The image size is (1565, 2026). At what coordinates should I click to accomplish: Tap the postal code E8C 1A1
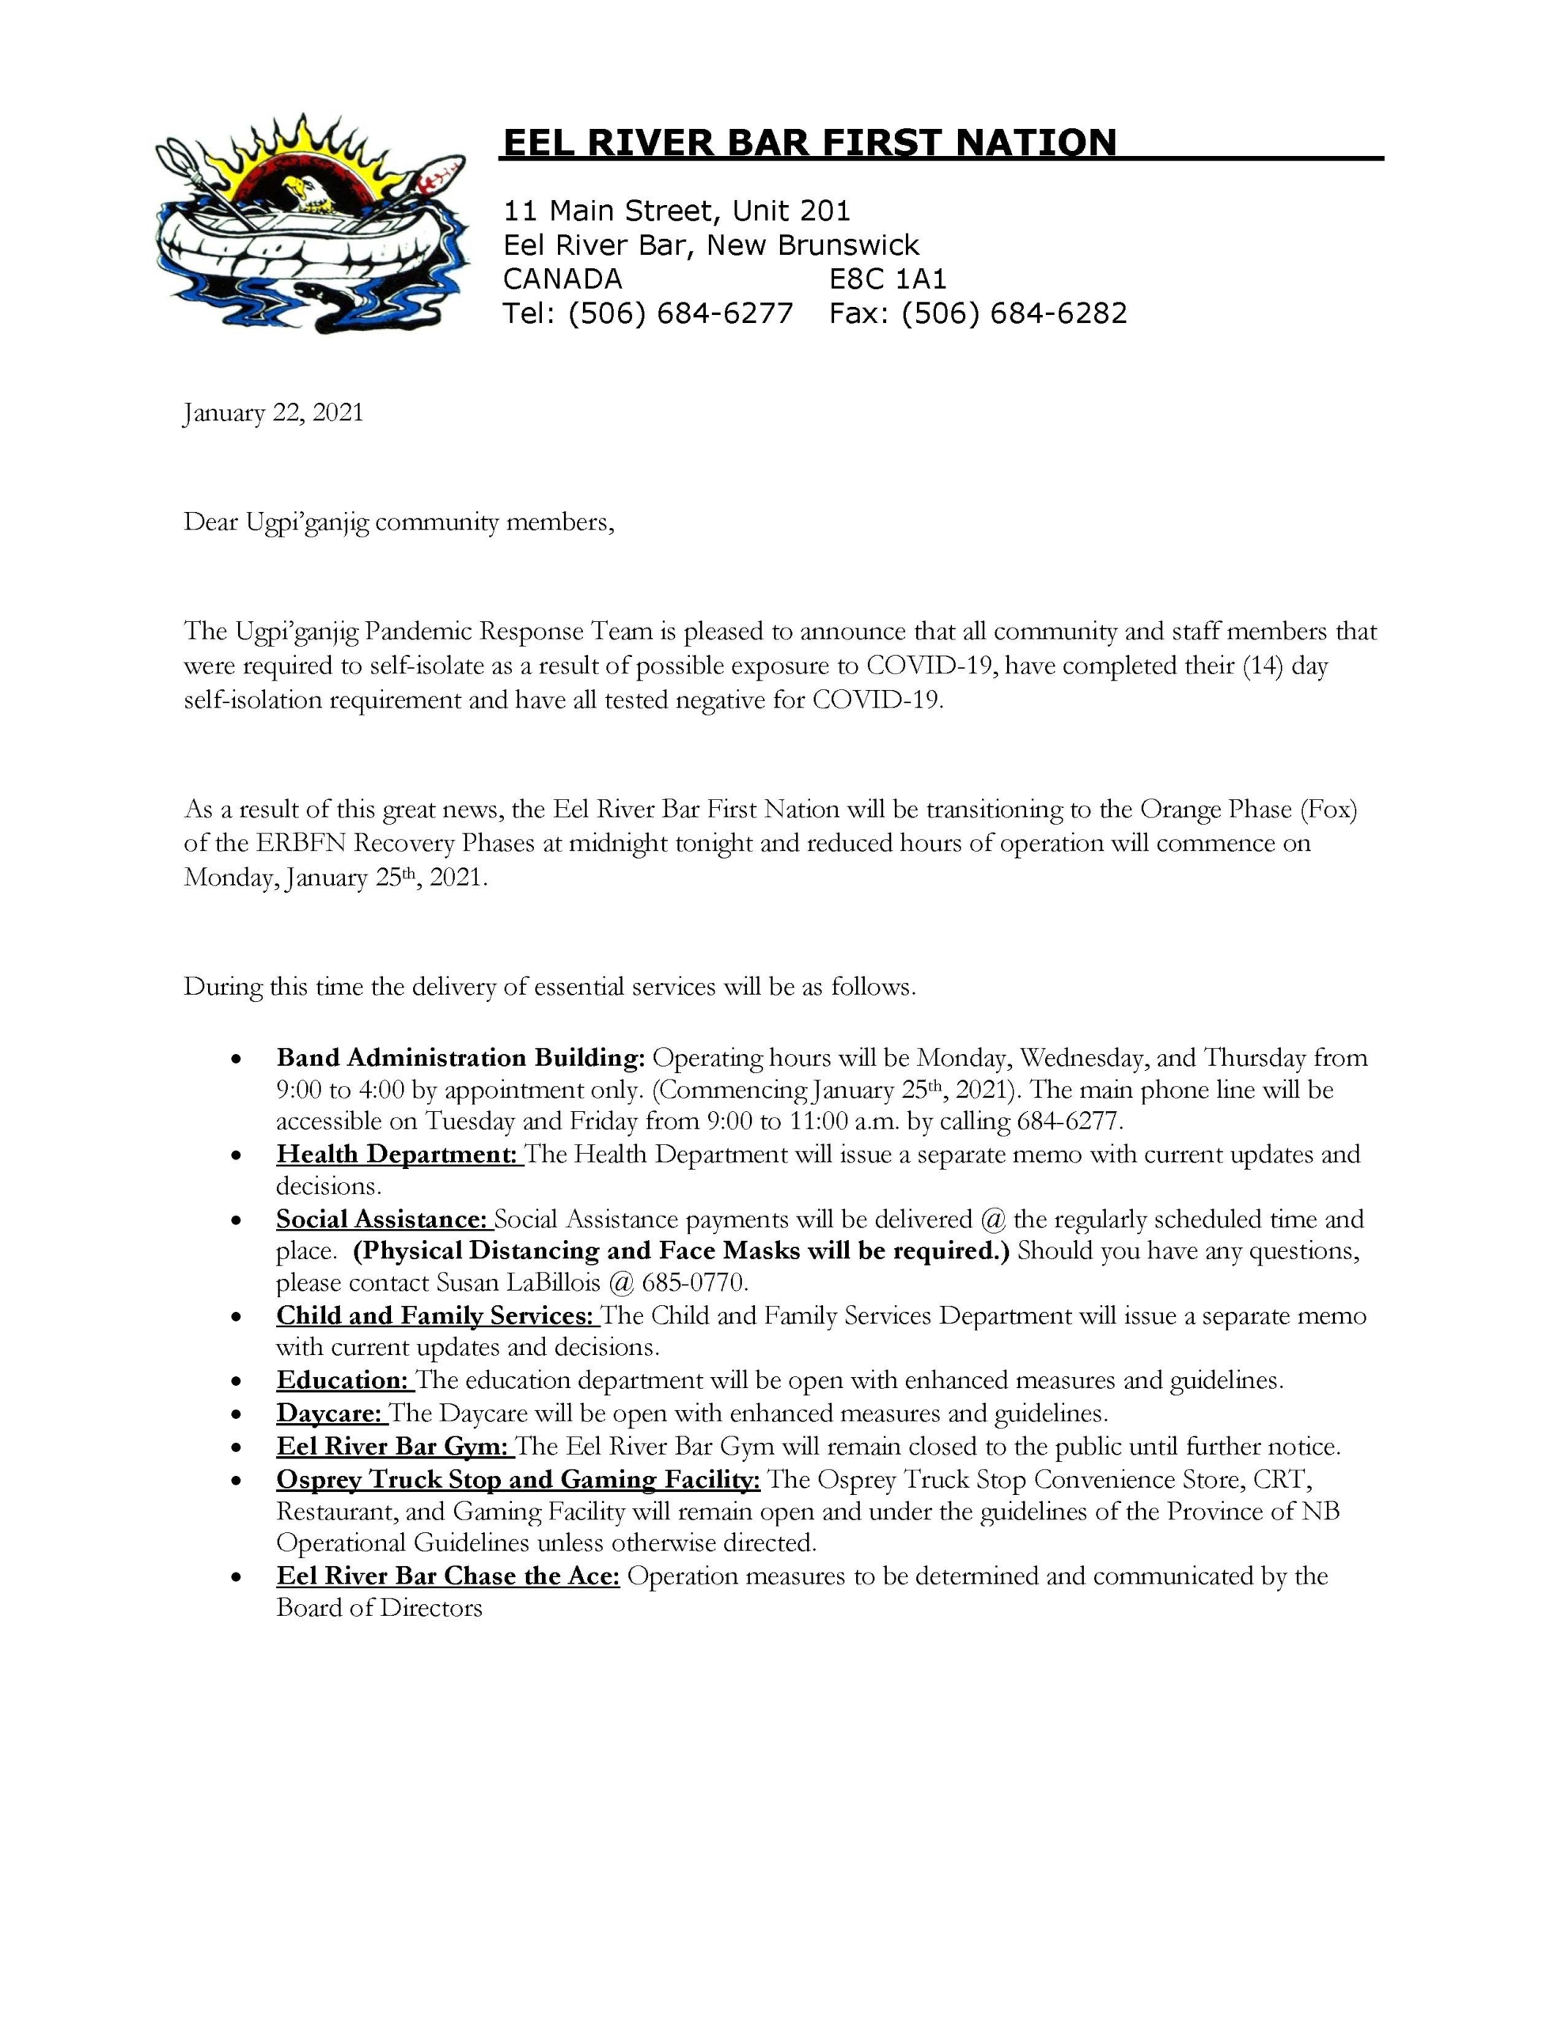click(x=888, y=279)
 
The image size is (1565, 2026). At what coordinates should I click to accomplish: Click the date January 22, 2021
click(x=274, y=413)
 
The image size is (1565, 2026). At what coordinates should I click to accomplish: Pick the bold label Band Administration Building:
click(x=460, y=1058)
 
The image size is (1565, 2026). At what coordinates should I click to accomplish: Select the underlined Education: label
click(x=343, y=1380)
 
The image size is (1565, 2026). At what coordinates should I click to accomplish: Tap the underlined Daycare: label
click(x=328, y=1413)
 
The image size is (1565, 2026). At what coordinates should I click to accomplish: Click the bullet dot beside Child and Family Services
click(x=238, y=1317)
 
